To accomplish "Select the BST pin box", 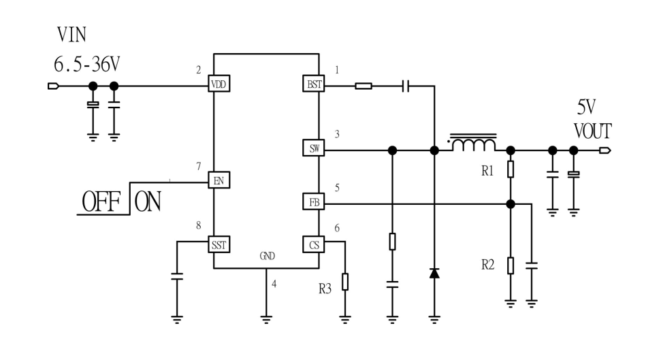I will (x=314, y=84).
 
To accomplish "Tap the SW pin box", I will (x=314, y=148).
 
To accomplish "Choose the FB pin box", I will (x=314, y=201).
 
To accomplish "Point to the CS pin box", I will (x=314, y=244).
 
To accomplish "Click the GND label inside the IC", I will (x=266, y=257).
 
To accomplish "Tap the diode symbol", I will (x=434, y=273).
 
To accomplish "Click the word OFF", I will (x=102, y=203).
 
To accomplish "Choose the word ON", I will (x=148, y=203).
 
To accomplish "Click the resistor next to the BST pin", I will (x=363, y=85).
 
